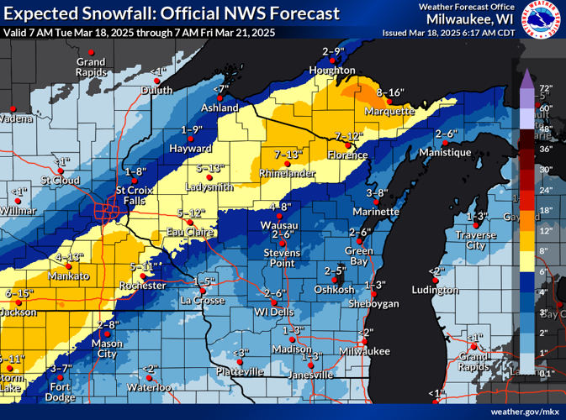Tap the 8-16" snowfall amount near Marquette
tap(391, 92)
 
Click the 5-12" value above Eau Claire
tap(192, 213)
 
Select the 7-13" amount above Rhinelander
tap(288, 155)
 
